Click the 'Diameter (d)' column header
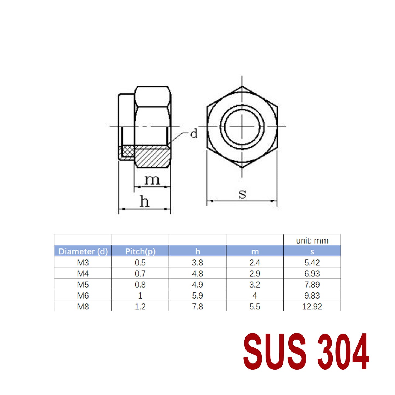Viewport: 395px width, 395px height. point(83,251)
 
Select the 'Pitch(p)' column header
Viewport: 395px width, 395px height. point(140,251)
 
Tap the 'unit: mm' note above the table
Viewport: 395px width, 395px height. point(312,241)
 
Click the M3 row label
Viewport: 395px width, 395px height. point(83,262)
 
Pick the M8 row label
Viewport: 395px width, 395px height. point(83,306)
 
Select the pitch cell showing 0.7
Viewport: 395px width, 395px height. point(140,273)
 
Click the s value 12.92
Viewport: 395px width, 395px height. point(312,306)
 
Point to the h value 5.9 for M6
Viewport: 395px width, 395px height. point(197,295)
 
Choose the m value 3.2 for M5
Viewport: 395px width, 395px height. point(255,285)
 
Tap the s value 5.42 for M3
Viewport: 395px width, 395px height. point(312,262)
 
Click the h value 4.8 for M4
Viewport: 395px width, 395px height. point(197,273)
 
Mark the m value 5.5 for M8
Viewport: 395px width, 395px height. point(255,306)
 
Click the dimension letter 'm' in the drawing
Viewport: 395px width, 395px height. point(152,180)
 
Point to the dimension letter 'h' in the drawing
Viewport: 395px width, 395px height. point(144,202)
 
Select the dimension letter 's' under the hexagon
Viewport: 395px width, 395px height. point(242,194)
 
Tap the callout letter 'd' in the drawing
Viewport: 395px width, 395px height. point(194,134)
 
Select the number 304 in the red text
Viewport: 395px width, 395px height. point(343,352)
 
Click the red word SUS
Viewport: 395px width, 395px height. point(275,352)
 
